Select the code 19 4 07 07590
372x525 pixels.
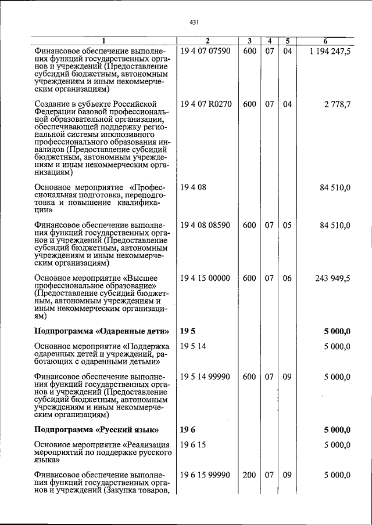206,51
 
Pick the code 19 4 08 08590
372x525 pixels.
206,225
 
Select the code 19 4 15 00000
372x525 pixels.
206,278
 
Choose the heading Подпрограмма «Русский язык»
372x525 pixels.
96,430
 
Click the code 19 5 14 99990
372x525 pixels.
206,376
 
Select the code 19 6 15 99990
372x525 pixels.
206,475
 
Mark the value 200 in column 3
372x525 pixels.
249,475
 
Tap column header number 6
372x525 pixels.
325,41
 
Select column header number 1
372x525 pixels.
103,41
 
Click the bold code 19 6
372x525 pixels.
187,430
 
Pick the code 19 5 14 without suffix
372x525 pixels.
193,347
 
